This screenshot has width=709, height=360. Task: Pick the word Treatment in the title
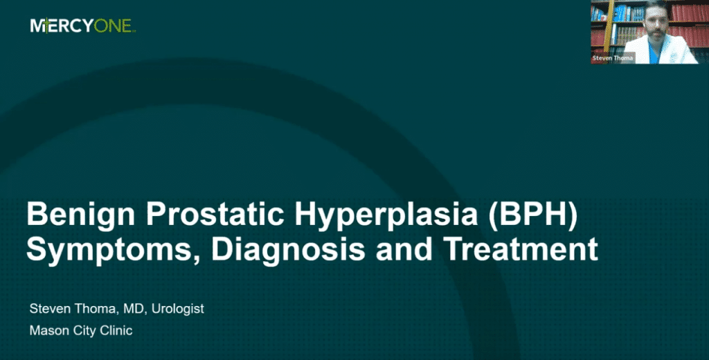pyautogui.click(x=520, y=249)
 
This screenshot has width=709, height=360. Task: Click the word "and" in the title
pyautogui.click(x=404, y=249)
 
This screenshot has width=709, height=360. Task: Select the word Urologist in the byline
pyautogui.click(x=178, y=309)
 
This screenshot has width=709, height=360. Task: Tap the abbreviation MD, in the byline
pyautogui.click(x=138, y=309)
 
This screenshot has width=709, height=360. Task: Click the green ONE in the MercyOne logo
pyautogui.click(x=114, y=26)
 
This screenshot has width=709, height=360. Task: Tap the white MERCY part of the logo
pyautogui.click(x=62, y=26)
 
